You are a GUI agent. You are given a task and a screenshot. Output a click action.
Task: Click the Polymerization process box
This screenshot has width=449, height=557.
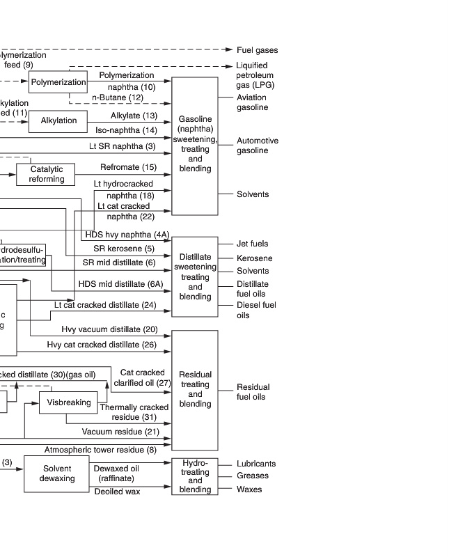(58, 81)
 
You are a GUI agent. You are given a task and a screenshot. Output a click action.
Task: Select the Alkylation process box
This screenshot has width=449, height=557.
(58, 120)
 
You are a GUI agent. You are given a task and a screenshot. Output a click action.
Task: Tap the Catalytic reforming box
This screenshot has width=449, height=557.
(46, 174)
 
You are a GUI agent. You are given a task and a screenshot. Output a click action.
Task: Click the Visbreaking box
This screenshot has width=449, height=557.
(68, 402)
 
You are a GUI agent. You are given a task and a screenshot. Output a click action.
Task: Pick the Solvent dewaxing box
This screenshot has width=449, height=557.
(57, 473)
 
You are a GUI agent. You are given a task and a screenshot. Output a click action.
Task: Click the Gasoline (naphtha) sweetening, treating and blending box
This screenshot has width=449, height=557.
(195, 146)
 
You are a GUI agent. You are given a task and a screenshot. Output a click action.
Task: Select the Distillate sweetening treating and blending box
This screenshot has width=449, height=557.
(195, 276)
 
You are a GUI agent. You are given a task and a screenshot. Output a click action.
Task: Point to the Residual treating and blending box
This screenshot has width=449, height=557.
(195, 390)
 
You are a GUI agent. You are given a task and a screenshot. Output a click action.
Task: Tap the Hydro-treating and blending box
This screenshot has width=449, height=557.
(195, 476)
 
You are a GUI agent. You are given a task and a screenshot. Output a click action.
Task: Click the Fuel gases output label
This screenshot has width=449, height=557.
(257, 50)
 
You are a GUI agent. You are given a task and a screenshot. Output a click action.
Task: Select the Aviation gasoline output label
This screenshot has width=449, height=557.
(251, 102)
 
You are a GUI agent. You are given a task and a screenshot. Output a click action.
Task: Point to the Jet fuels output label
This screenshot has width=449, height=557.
(252, 244)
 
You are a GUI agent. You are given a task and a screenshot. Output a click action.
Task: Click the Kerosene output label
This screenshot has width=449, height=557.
(254, 258)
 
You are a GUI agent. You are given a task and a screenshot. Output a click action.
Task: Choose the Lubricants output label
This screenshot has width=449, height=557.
(255, 464)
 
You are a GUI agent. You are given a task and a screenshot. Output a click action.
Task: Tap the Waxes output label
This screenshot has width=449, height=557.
(249, 489)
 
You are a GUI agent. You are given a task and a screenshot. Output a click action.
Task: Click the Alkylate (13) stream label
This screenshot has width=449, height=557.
(134, 116)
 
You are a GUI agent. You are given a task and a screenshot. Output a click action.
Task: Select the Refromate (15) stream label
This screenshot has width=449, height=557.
(128, 167)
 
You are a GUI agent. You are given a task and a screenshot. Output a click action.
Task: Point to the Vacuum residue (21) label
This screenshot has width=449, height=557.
(120, 432)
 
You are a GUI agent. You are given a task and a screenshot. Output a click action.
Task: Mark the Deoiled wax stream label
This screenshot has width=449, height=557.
(117, 492)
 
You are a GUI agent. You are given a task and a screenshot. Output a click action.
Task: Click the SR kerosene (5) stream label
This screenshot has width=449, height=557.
(124, 249)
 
